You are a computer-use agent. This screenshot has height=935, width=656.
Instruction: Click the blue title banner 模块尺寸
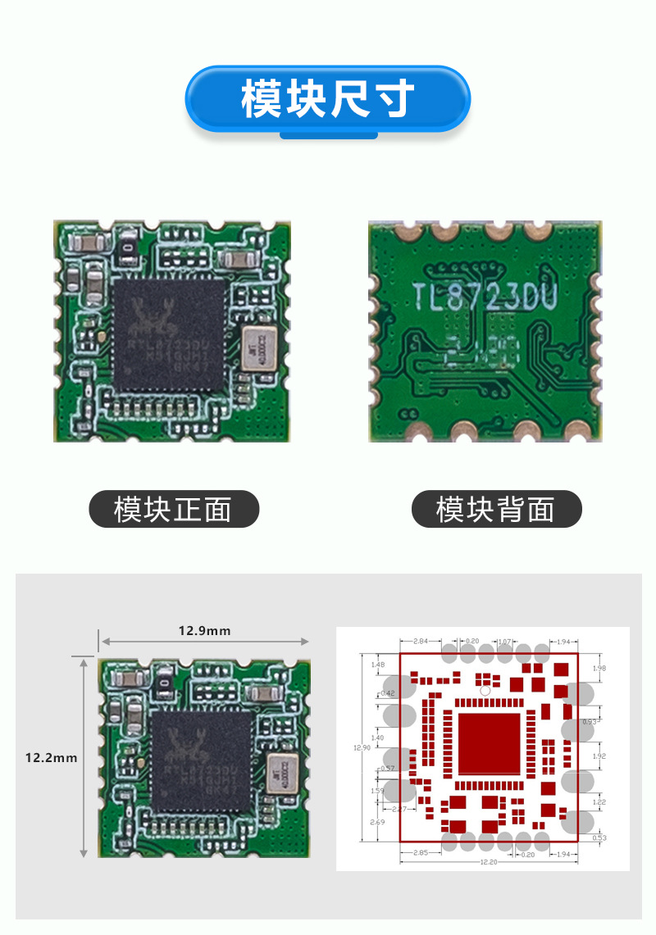tap(328, 99)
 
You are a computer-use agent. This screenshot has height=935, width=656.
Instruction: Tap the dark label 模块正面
tap(173, 510)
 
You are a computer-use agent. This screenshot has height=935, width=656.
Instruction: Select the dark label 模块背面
tap(495, 510)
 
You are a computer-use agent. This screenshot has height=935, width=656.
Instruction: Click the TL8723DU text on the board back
tap(485, 297)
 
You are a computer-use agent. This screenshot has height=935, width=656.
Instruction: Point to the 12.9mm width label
tap(204, 630)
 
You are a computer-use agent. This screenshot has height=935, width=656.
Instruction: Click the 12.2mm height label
tap(51, 758)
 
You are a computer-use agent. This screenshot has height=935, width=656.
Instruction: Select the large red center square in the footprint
tap(489, 744)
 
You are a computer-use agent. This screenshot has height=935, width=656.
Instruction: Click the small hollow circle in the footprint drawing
tap(485, 691)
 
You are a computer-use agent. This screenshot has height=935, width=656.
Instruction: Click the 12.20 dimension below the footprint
tap(489, 861)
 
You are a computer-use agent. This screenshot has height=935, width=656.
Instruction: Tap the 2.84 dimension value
tap(420, 640)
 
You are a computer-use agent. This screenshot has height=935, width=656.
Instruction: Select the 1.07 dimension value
tap(505, 640)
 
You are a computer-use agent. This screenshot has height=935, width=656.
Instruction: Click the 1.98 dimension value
tap(599, 669)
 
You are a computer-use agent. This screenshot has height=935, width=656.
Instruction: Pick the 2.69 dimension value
tap(377, 822)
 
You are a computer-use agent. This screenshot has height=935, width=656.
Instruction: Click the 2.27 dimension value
tap(399, 809)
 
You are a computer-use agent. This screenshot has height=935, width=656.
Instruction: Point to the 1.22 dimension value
tap(599, 802)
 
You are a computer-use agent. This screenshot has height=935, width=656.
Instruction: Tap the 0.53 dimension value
tap(599, 837)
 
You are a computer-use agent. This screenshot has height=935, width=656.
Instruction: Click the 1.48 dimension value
tap(377, 665)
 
